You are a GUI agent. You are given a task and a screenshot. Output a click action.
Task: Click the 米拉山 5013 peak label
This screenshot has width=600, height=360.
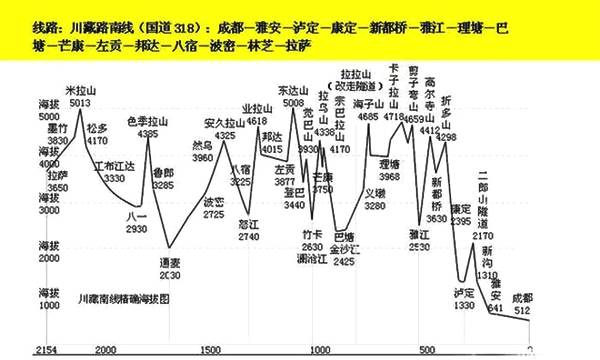(95, 96)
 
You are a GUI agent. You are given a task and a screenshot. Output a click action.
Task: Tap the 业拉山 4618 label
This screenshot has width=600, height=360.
(259, 113)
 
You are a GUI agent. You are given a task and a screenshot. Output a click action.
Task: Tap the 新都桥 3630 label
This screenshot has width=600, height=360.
(436, 188)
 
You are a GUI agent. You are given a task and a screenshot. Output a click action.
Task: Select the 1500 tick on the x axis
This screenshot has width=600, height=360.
(211, 349)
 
